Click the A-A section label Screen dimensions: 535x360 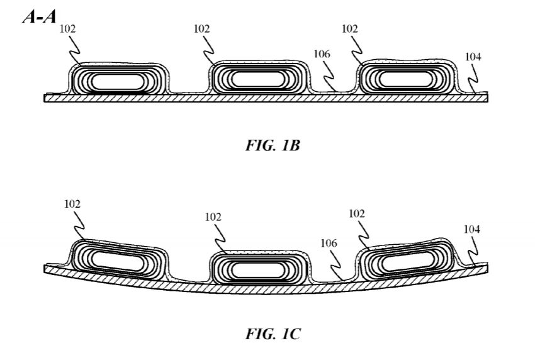[40, 16]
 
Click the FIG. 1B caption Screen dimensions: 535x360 [273, 145]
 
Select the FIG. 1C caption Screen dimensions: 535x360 [273, 334]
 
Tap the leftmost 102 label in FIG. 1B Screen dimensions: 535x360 [67, 29]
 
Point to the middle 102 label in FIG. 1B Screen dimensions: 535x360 [201, 29]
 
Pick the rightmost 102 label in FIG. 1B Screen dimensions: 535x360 [350, 29]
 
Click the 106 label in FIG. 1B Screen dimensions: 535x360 [322, 54]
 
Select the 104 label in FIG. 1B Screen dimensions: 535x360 [473, 57]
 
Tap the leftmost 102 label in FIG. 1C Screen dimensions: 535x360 [72, 204]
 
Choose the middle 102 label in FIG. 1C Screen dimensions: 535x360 [213, 217]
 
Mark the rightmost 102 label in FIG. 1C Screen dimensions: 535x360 [356, 213]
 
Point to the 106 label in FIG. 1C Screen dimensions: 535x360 [329, 244]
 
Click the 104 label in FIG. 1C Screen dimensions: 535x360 [472, 229]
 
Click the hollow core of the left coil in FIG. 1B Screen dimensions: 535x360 [118, 82]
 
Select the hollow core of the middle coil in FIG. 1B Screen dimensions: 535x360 [257, 80]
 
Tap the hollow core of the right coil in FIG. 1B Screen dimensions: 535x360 [406, 80]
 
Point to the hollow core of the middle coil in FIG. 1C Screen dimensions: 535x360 [257, 270]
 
